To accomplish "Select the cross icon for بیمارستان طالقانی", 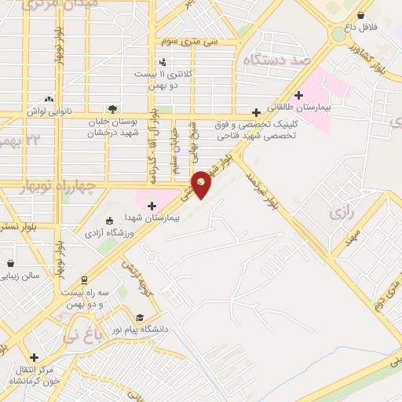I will (298, 95).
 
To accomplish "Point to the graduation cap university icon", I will (139, 317).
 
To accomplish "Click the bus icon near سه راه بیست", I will (84, 280).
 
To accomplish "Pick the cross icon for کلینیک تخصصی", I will (256, 112).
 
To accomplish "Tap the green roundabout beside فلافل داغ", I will (338, 34).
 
